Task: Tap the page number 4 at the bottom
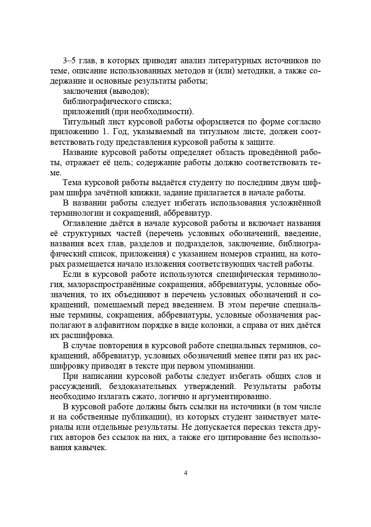pyautogui.click(x=185, y=473)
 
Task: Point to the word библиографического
pyautogui.click(x=98, y=101)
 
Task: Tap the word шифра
pyautogui.click(x=74, y=193)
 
